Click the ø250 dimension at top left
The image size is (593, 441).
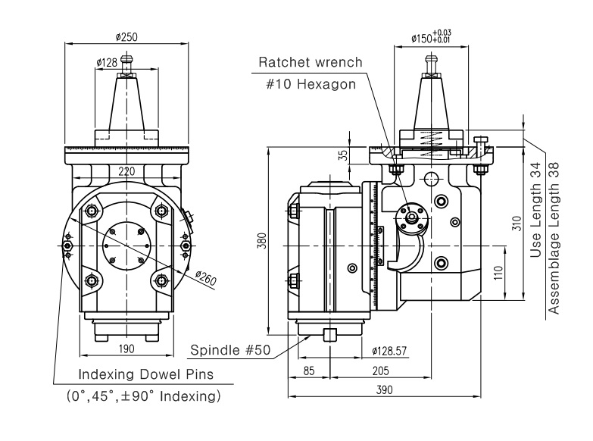tap(127, 36)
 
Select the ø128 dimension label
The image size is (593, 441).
tap(107, 63)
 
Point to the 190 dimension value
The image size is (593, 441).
tap(126, 349)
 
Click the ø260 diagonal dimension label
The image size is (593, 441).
tap(205, 280)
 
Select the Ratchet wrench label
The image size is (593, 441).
tap(311, 62)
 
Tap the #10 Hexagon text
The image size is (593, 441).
tap(311, 84)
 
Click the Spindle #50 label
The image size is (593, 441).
tap(230, 351)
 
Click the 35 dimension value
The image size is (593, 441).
tap(343, 155)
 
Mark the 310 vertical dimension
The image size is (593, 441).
tap(517, 223)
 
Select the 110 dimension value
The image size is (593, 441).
tap(498, 272)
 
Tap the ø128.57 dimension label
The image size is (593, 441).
tap(392, 351)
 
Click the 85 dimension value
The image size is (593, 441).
tap(309, 371)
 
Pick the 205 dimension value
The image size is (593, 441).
tap(381, 371)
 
